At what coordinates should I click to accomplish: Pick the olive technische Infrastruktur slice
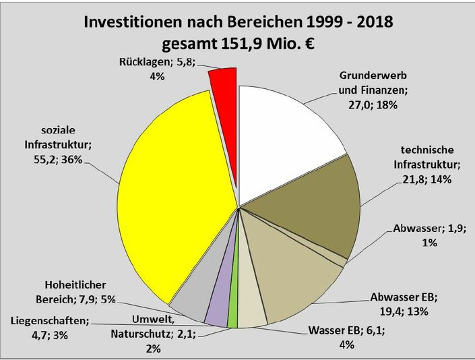310,209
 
